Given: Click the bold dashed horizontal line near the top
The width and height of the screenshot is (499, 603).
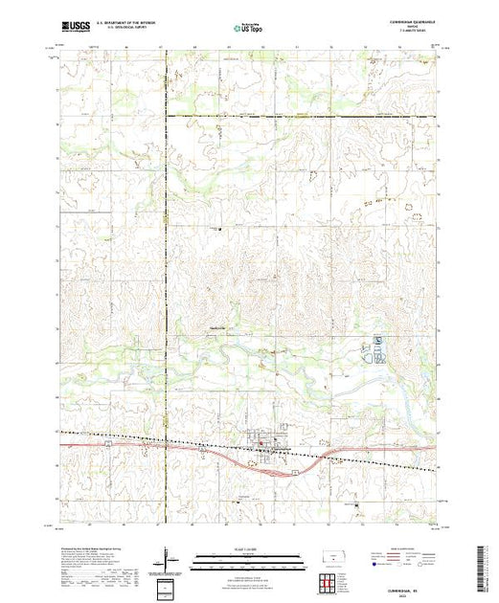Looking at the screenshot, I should tap(297, 117).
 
